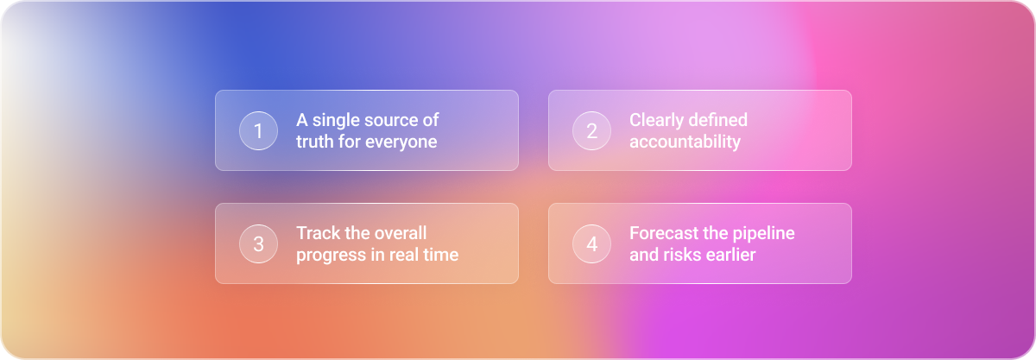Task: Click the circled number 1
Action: coord(258,131)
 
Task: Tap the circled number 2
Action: coord(591,131)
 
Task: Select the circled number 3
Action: coord(258,243)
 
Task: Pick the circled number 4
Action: coord(591,243)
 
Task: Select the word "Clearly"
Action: coord(657,121)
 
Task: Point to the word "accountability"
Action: coord(685,142)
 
